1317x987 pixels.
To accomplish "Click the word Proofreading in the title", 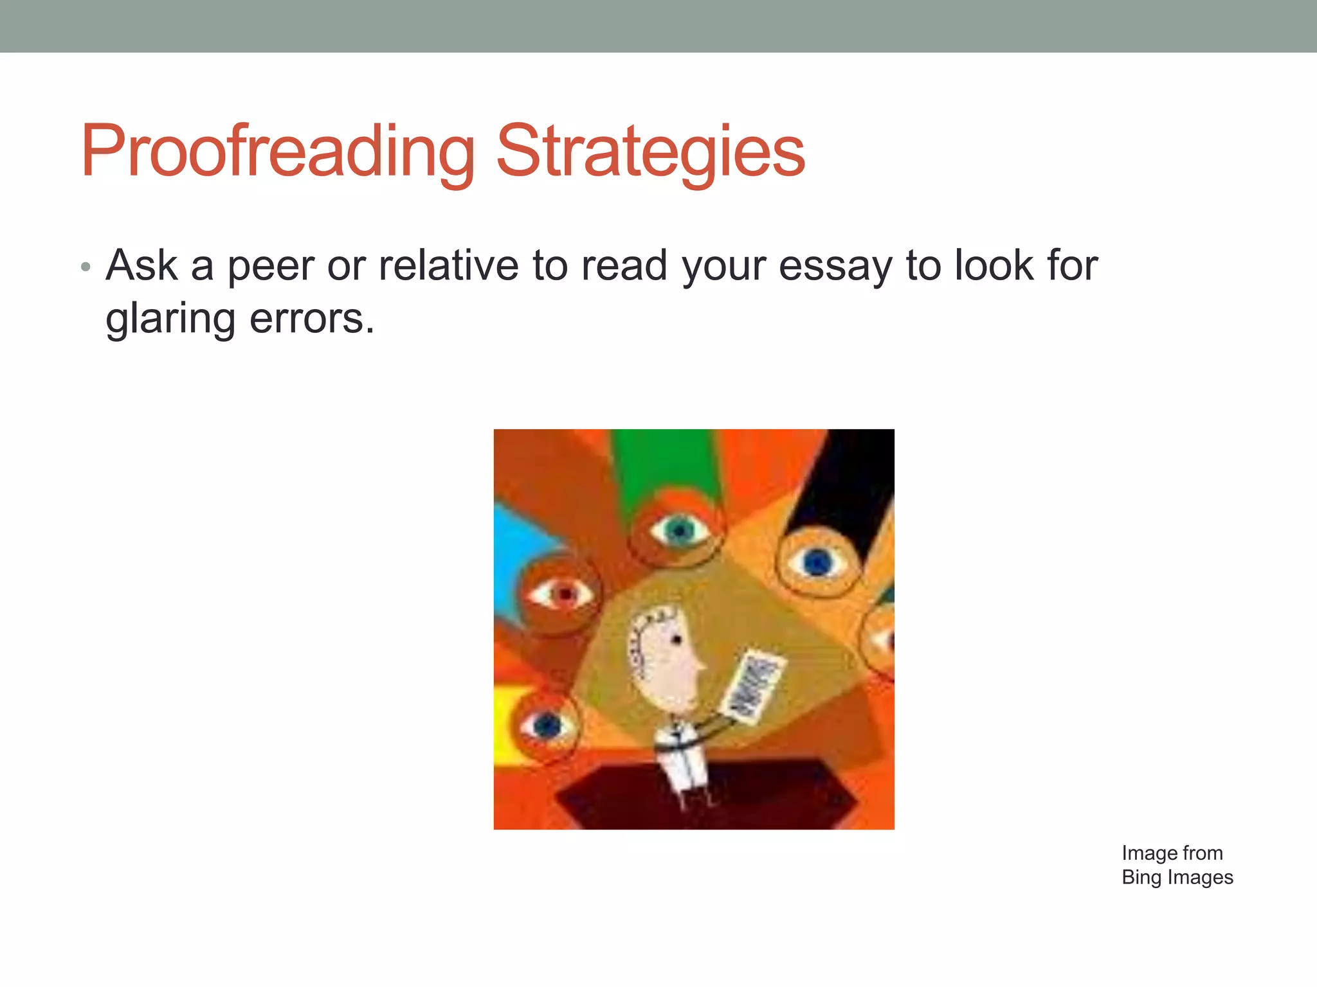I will click(277, 152).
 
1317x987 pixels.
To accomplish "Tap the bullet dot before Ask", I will click(86, 266).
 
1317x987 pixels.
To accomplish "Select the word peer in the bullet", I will click(269, 266).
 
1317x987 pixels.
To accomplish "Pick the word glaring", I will click(170, 319).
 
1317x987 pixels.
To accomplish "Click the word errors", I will click(311, 319).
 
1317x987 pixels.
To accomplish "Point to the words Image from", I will click(1172, 853).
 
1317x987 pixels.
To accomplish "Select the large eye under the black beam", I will click(817, 562).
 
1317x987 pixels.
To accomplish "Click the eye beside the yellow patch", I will click(547, 726).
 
